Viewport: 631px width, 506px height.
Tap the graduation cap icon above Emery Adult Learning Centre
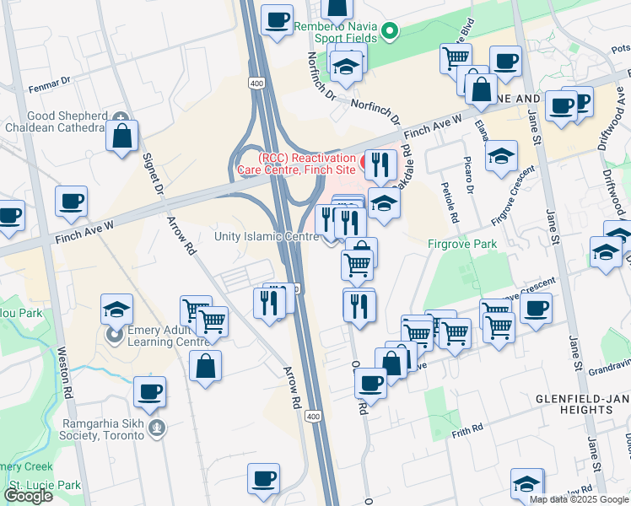point(116,310)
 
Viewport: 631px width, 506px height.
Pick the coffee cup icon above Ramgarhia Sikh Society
point(149,392)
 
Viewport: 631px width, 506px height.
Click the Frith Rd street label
point(467,428)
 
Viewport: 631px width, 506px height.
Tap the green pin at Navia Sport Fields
point(390,32)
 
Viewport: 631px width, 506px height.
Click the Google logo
point(28,495)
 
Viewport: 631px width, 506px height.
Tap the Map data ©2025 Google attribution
point(578,499)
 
